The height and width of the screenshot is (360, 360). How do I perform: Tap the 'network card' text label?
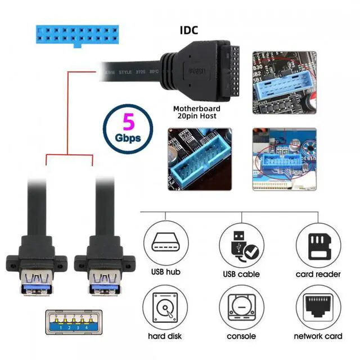point(318,336)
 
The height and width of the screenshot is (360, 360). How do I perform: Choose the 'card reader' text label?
point(318,274)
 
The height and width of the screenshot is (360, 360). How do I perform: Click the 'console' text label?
point(241,336)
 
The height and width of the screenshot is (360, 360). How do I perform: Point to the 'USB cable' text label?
point(241,274)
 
